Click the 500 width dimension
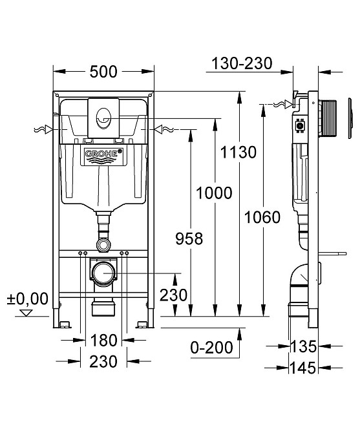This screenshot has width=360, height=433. pos(103,72)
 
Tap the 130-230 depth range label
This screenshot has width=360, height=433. pos(242,63)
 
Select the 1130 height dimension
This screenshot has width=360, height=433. pos(238,152)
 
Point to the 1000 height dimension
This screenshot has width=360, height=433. pos(214,193)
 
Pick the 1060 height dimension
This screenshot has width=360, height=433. pos(262,217)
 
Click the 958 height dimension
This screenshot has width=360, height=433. pos(189,238)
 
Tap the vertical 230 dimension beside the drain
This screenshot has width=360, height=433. pos(173,295)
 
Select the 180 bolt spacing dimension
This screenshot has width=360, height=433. pos(104,340)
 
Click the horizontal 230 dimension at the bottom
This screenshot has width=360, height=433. pos(103,361)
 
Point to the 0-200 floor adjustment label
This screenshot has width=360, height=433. pos(212,348)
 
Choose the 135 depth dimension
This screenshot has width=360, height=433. pos(303,346)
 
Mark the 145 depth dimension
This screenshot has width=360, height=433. pos(303,368)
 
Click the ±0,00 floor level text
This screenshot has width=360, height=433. pos(28,299)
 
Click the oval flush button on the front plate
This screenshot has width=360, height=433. pos(103,119)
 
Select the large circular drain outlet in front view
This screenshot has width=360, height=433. pos(103,273)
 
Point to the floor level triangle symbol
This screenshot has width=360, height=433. pos(26,313)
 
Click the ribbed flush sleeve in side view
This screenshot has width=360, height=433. pos(327,118)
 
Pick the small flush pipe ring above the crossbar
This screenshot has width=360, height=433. pos(103,244)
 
